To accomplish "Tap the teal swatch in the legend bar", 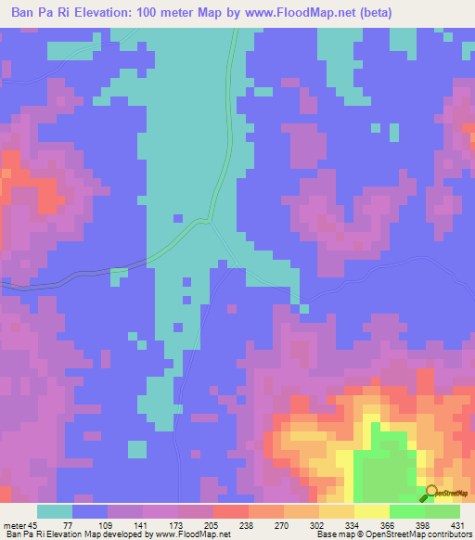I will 55,511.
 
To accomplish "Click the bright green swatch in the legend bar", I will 406,511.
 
